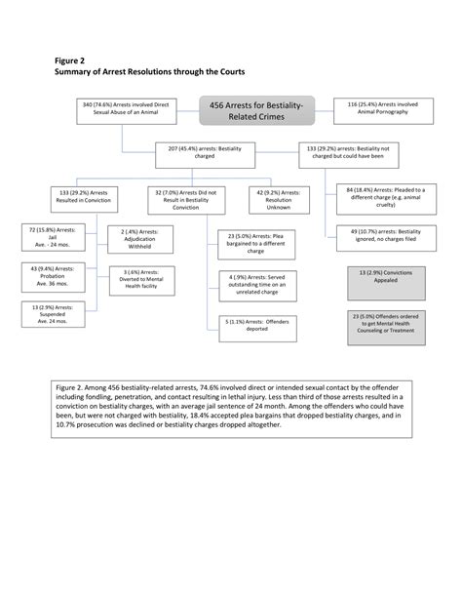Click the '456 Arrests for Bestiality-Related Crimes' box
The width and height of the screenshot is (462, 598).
[x=257, y=110]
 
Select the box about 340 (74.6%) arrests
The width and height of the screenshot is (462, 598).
[x=125, y=109]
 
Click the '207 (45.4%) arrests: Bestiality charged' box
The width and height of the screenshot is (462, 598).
[x=199, y=153]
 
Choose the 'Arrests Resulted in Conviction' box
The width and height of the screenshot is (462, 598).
[x=91, y=198]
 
